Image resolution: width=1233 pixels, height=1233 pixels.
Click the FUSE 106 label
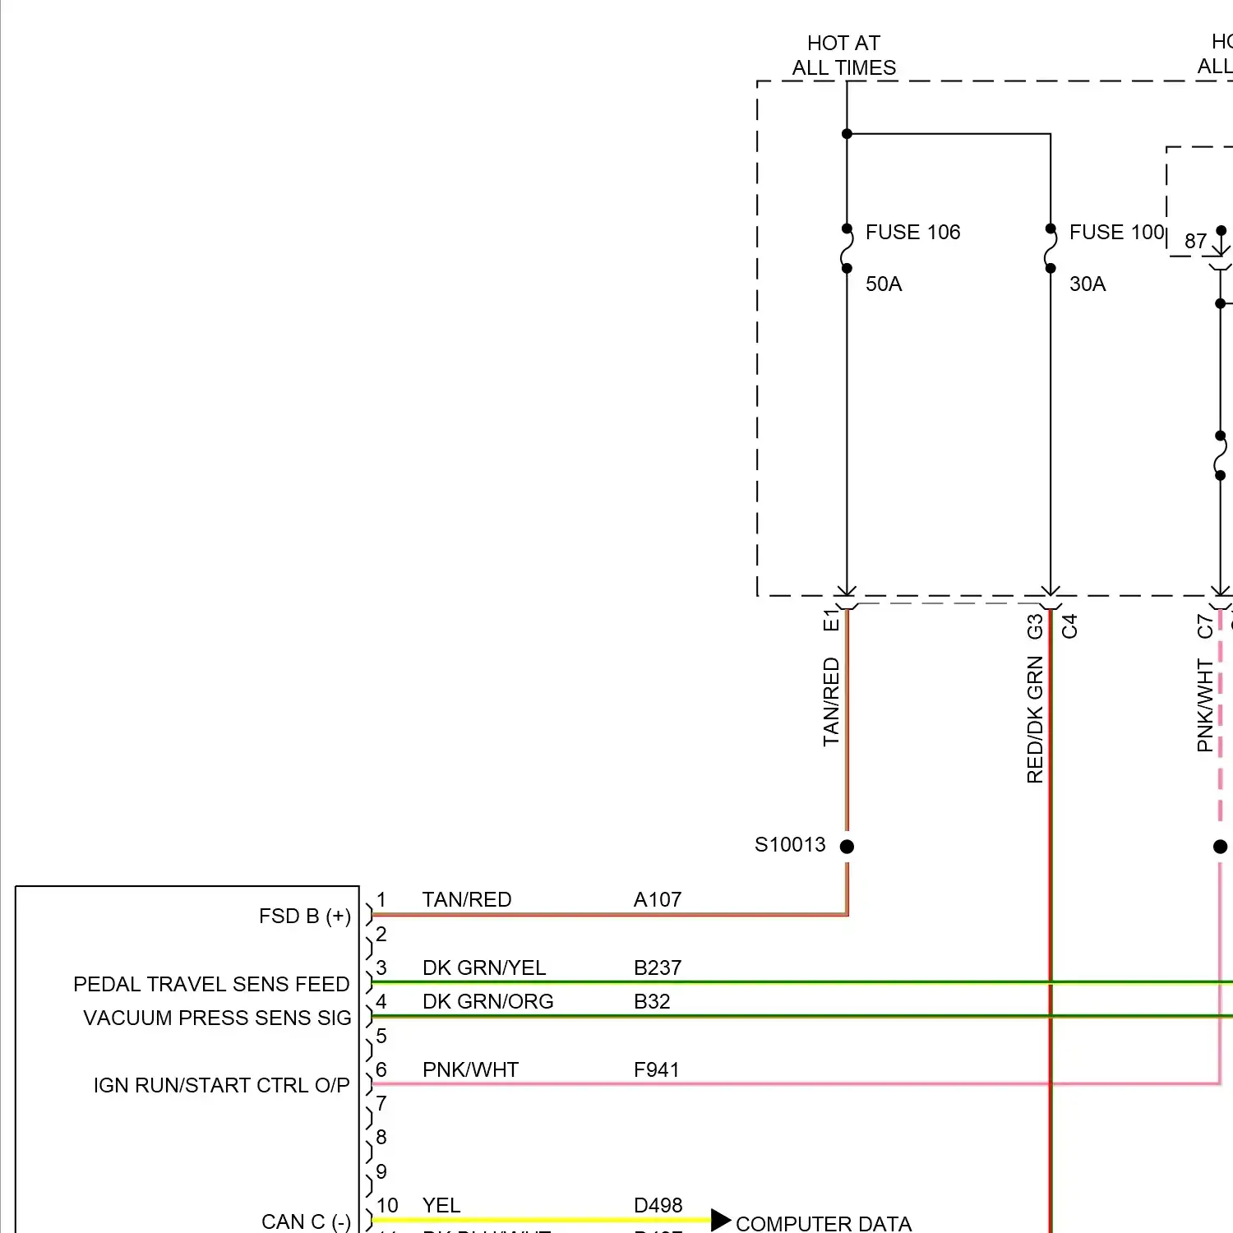click(x=912, y=233)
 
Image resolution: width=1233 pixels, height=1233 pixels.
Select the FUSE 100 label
click(x=1116, y=233)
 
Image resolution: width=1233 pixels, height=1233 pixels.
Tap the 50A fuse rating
click(x=884, y=284)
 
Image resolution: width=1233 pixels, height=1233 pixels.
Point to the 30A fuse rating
click(x=1088, y=284)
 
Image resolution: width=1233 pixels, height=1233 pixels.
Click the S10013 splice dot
click(x=847, y=846)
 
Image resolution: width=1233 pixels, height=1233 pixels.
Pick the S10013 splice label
click(x=790, y=845)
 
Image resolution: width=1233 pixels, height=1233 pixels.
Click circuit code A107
click(x=658, y=900)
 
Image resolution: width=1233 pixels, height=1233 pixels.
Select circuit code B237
click(x=658, y=968)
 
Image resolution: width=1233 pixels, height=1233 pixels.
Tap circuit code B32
click(x=652, y=1002)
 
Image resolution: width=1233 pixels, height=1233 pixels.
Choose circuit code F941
click(x=656, y=1070)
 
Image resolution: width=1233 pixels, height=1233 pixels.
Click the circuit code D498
click(x=658, y=1206)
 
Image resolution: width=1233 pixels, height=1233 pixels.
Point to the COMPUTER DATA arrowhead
click(x=720, y=1220)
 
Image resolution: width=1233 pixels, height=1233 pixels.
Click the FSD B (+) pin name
click(x=304, y=917)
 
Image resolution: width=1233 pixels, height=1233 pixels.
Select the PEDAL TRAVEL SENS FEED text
click(x=211, y=985)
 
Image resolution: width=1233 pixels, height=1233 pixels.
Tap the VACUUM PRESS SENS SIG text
click(x=217, y=1018)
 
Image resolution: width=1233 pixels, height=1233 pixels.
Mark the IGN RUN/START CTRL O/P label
click(x=221, y=1086)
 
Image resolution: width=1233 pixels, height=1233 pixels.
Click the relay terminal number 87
click(x=1195, y=242)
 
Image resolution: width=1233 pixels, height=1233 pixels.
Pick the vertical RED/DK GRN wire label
click(x=1035, y=719)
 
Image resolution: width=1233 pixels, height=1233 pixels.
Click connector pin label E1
click(x=831, y=620)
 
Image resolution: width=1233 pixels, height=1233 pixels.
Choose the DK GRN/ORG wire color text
click(x=487, y=1002)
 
